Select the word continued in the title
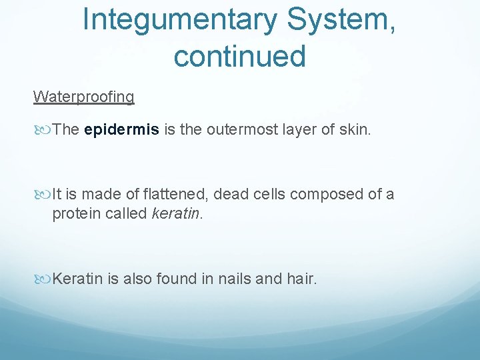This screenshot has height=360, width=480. pyautogui.click(x=239, y=56)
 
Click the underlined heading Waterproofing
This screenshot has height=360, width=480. pyautogui.click(x=83, y=97)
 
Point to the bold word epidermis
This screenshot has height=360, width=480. pyautogui.click(x=122, y=129)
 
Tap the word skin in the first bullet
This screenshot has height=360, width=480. pyautogui.click(x=353, y=129)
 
